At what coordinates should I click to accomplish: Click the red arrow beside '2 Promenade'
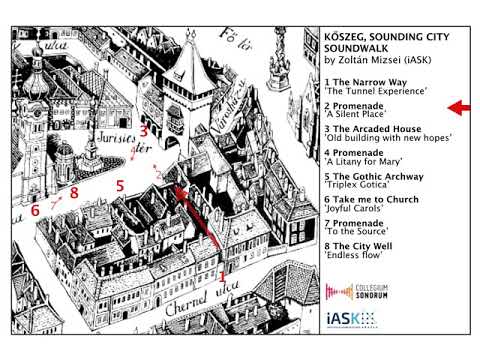(x=459, y=107)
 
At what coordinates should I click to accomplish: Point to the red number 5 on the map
(x=119, y=186)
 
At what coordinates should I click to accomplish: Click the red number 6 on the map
(x=35, y=211)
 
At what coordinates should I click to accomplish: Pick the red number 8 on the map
(x=73, y=192)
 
